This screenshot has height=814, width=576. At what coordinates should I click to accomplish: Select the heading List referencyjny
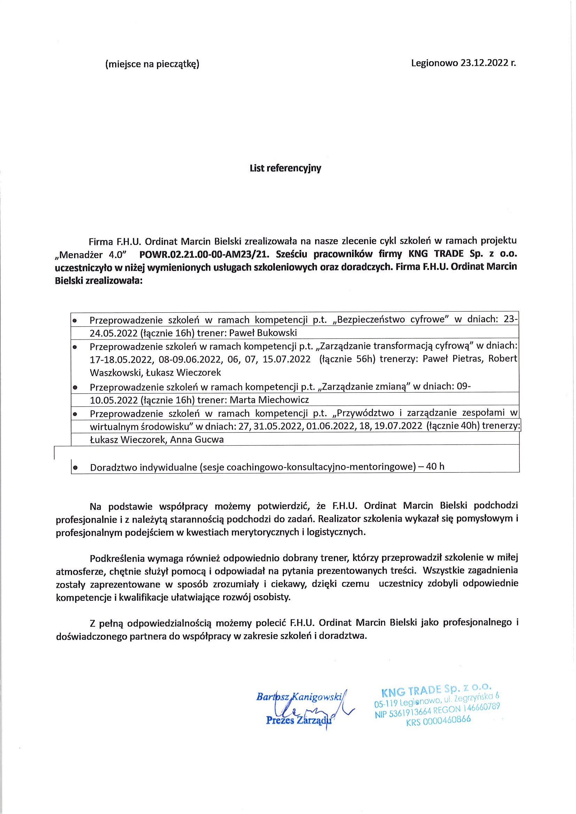pos(285,168)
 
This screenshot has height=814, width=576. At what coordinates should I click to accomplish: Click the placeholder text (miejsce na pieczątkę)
pos(152,64)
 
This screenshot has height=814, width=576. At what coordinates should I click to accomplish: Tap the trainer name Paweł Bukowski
pos(263,333)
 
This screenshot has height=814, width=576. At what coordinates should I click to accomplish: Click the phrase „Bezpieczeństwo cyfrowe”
pos(392,319)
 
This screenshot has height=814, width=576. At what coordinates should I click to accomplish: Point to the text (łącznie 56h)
pos(347,359)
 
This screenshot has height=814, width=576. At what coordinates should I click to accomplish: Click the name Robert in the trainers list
pos(503,358)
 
